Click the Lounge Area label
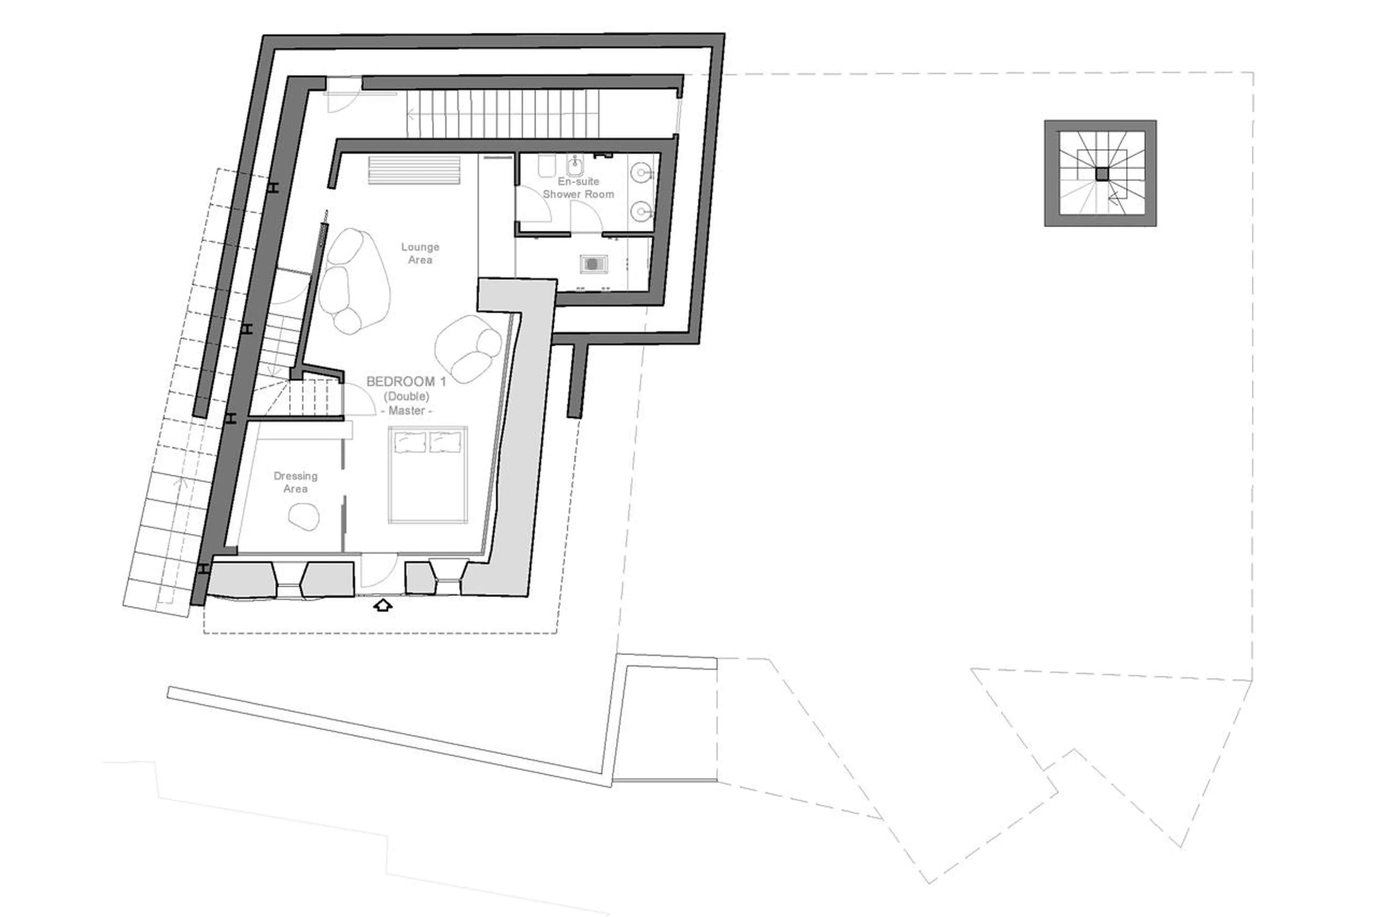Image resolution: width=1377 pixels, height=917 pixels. click(420, 253)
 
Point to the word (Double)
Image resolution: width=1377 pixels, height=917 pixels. click(406, 397)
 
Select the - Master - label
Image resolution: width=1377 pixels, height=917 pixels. click(406, 411)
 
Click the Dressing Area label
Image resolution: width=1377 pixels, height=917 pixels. click(295, 482)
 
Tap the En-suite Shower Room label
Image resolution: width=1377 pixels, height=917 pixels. click(578, 188)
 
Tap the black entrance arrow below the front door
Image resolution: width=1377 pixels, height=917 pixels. click(382, 605)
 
